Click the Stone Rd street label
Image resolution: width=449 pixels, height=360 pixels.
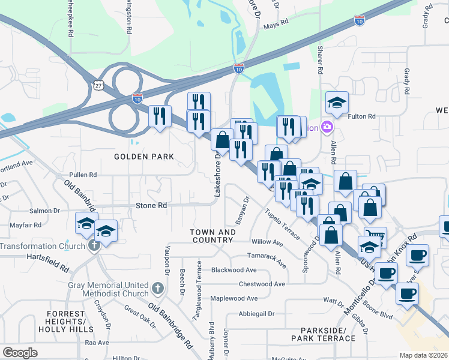[154, 205]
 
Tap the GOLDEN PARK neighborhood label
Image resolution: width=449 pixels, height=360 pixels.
[144, 157]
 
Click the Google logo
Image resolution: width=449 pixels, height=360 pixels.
[20, 353]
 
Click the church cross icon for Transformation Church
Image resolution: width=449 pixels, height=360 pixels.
[94, 246]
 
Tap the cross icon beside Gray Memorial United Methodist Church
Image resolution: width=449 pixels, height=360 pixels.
[157, 289]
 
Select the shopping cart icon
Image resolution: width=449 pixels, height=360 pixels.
[376, 236]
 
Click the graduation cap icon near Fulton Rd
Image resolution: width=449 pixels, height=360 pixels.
[337, 102]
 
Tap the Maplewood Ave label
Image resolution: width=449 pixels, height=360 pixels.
[234, 298]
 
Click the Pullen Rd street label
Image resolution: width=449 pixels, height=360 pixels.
[83, 175]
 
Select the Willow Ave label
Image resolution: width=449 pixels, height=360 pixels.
[267, 242]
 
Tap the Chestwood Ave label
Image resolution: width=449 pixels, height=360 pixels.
[262, 284]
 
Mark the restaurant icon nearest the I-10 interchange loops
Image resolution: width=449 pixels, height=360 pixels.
[160, 116]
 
